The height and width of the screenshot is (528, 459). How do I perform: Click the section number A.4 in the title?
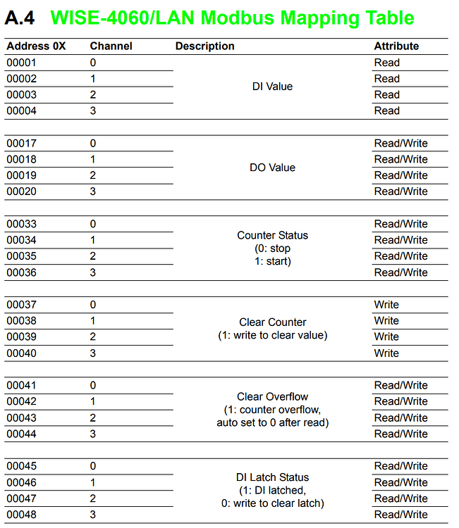point(20,18)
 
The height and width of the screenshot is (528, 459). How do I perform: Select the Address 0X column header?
point(36,46)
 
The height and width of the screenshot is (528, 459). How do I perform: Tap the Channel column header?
point(111,46)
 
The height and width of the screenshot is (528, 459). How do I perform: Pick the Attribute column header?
point(396,46)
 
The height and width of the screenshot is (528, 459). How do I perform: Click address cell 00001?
point(22,63)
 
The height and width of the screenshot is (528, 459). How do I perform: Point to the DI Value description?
point(272,87)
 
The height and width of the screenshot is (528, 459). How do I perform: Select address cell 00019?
point(22,175)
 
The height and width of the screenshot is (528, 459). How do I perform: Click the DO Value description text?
point(272,168)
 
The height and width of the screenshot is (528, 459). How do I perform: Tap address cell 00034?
point(22,240)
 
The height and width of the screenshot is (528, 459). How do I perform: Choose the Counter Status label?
point(272,235)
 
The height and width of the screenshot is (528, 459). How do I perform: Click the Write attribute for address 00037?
point(386,305)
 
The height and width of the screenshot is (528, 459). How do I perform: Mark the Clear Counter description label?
point(272,322)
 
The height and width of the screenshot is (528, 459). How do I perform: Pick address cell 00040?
point(22,353)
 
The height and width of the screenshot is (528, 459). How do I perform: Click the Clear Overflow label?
point(272,396)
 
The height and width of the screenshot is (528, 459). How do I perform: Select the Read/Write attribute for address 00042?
point(400,401)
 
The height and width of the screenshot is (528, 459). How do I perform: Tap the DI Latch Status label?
point(272,477)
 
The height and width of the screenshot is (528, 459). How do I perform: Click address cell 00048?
point(22,515)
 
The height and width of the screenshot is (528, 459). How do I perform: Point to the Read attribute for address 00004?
point(386,111)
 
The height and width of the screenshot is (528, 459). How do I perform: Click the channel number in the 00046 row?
point(92,482)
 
